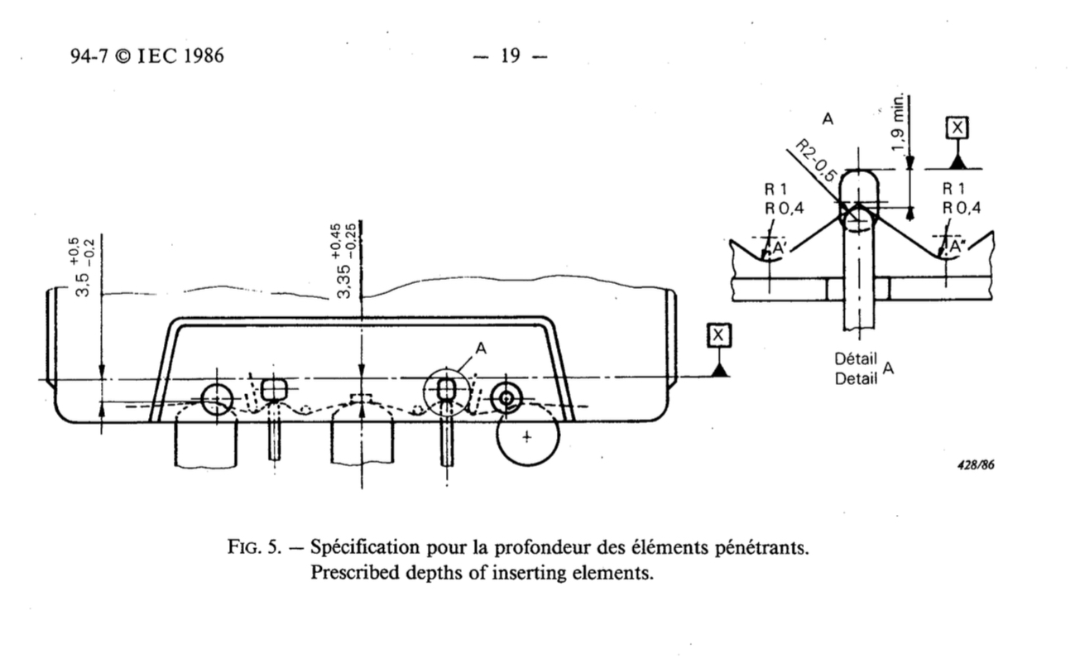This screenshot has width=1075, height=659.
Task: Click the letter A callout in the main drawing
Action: point(481,349)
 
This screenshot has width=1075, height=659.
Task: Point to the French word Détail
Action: point(856,360)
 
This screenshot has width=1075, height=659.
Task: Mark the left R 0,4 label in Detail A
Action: point(783,208)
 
